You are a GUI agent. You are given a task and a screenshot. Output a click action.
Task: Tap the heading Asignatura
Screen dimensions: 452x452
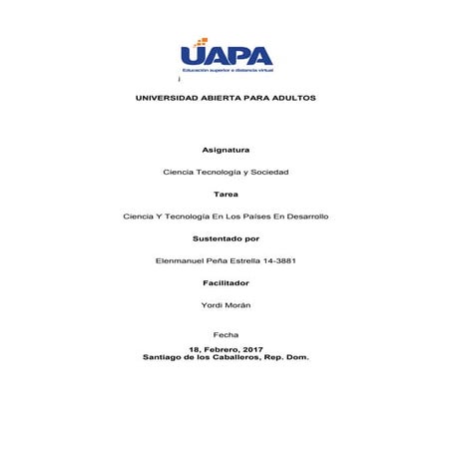point(226,150)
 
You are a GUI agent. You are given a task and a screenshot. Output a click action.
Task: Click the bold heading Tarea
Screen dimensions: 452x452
point(226,194)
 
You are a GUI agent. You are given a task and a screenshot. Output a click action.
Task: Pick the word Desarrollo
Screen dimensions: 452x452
point(304,216)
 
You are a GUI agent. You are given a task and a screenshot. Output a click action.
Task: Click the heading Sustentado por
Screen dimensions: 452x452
point(226,238)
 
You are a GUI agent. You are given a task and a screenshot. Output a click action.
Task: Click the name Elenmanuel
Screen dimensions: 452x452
point(179,260)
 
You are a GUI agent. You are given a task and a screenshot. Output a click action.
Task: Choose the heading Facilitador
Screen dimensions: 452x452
point(226,282)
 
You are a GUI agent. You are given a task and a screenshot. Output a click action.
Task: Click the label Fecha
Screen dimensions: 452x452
point(226,334)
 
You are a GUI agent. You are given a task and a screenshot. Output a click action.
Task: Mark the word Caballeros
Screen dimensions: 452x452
point(239,356)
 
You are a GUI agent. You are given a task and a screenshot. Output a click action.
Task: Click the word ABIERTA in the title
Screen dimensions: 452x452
point(225,99)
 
